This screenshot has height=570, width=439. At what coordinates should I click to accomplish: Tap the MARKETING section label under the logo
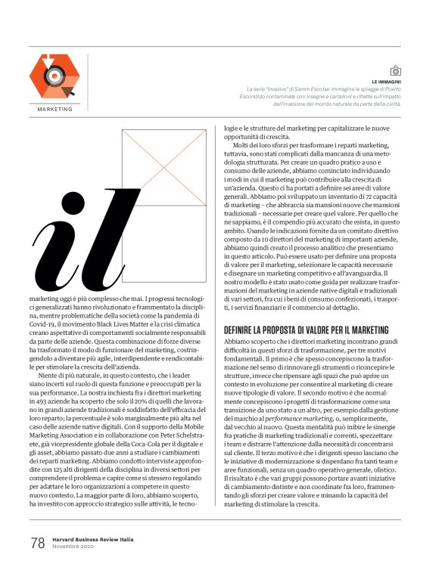tap(54, 110)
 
